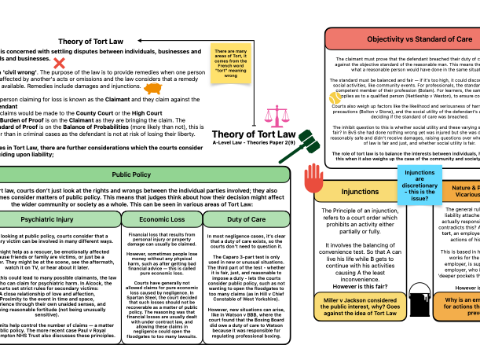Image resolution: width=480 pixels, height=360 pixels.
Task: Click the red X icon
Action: pyautogui.click(x=59, y=63)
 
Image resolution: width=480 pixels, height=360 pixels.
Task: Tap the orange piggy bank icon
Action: pyautogui.click(x=152, y=89)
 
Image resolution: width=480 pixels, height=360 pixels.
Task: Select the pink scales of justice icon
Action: pyautogui.click(x=277, y=116)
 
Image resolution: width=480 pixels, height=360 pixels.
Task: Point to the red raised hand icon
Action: pyautogui.click(x=313, y=178)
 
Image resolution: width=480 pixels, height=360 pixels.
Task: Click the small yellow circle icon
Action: pyautogui.click(x=335, y=98)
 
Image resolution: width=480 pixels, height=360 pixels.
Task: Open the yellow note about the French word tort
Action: pyautogui.click(x=231, y=63)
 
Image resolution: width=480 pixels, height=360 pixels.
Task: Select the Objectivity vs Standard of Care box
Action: pyautogui.click(x=403, y=39)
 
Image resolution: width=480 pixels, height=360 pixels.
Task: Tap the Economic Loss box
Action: pyautogui.click(x=162, y=219)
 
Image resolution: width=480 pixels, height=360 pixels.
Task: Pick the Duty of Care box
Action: pyautogui.click(x=246, y=219)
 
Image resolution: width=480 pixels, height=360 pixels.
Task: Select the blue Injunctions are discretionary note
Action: pyautogui.click(x=420, y=185)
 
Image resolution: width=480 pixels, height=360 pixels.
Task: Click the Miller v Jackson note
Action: pyautogui.click(x=360, y=307)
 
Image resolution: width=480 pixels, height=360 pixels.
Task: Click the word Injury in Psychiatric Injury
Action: pyautogui.click(x=61, y=219)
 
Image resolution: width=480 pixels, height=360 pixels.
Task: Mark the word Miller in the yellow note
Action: pyautogui.click(x=332, y=300)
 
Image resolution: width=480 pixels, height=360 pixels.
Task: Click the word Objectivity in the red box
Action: pyautogui.click(x=385, y=39)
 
